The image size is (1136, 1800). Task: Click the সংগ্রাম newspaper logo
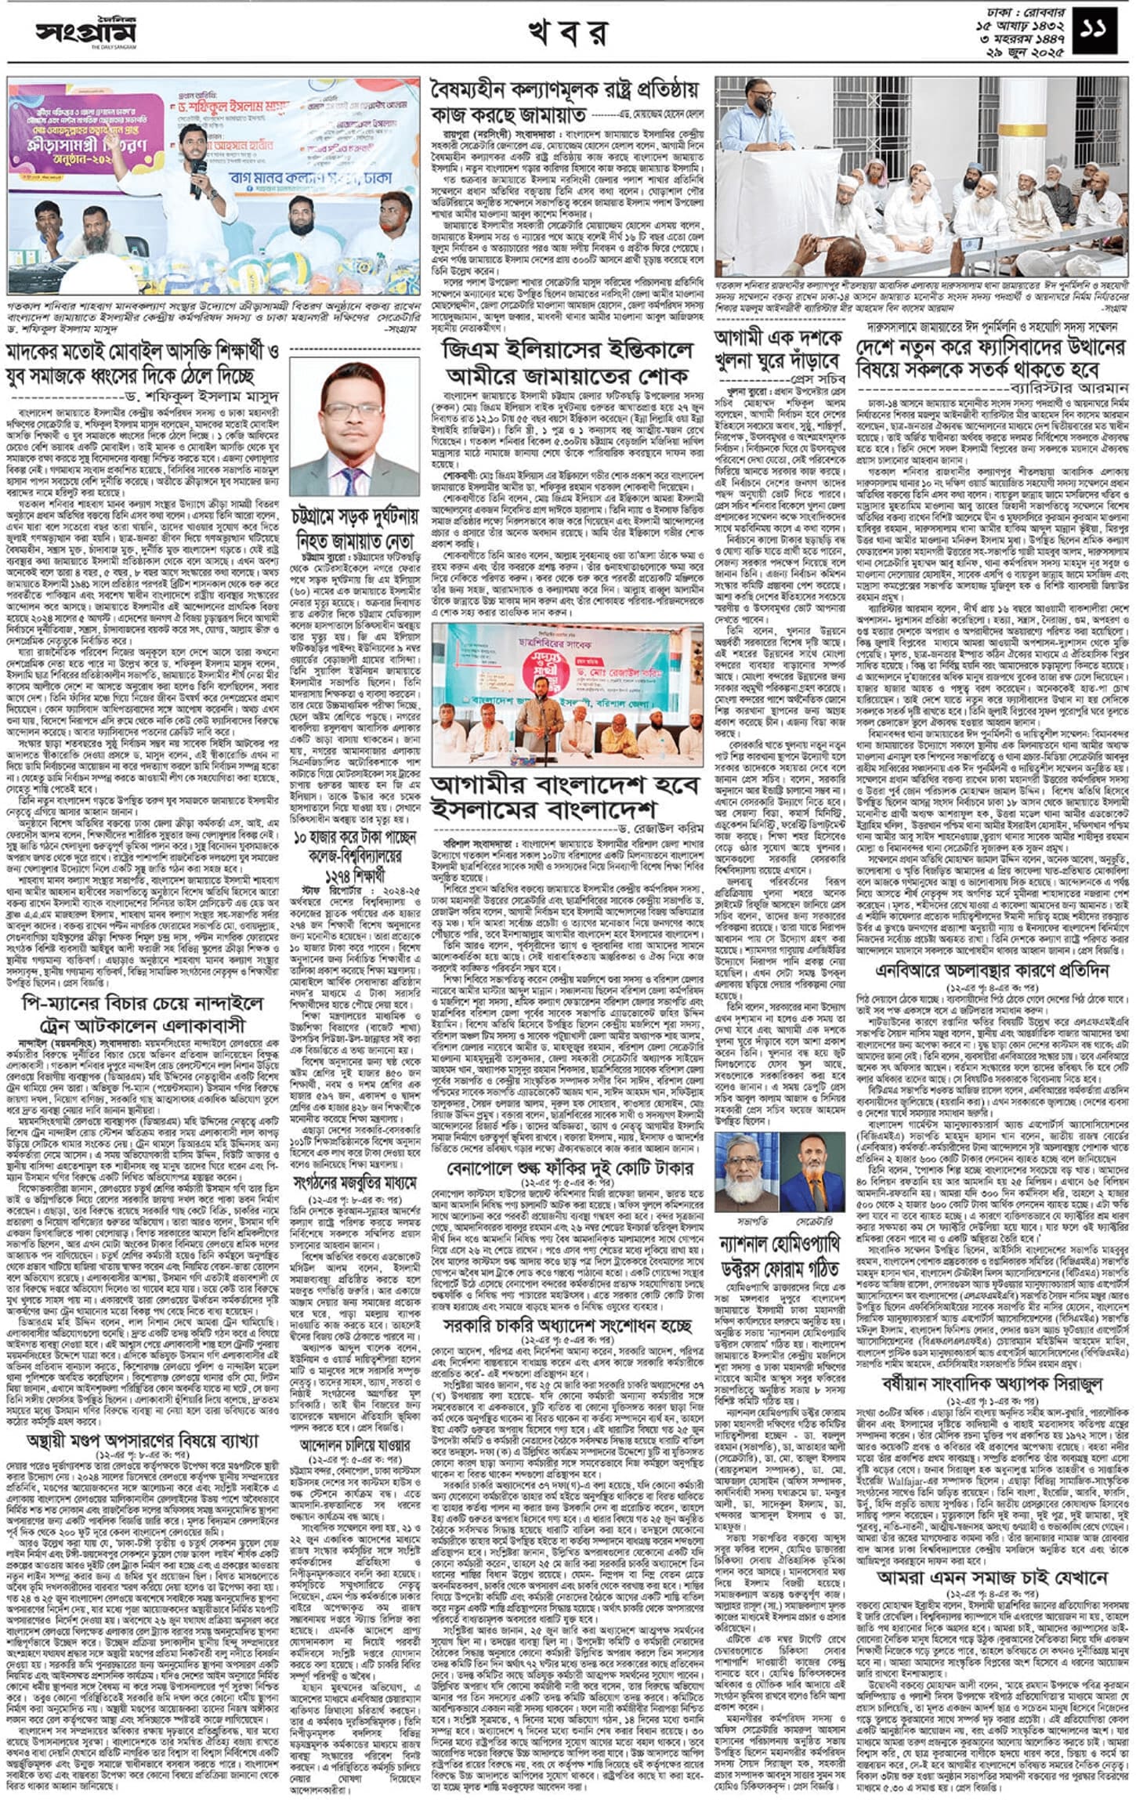pos(85,33)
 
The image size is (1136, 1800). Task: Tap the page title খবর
pos(567,34)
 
